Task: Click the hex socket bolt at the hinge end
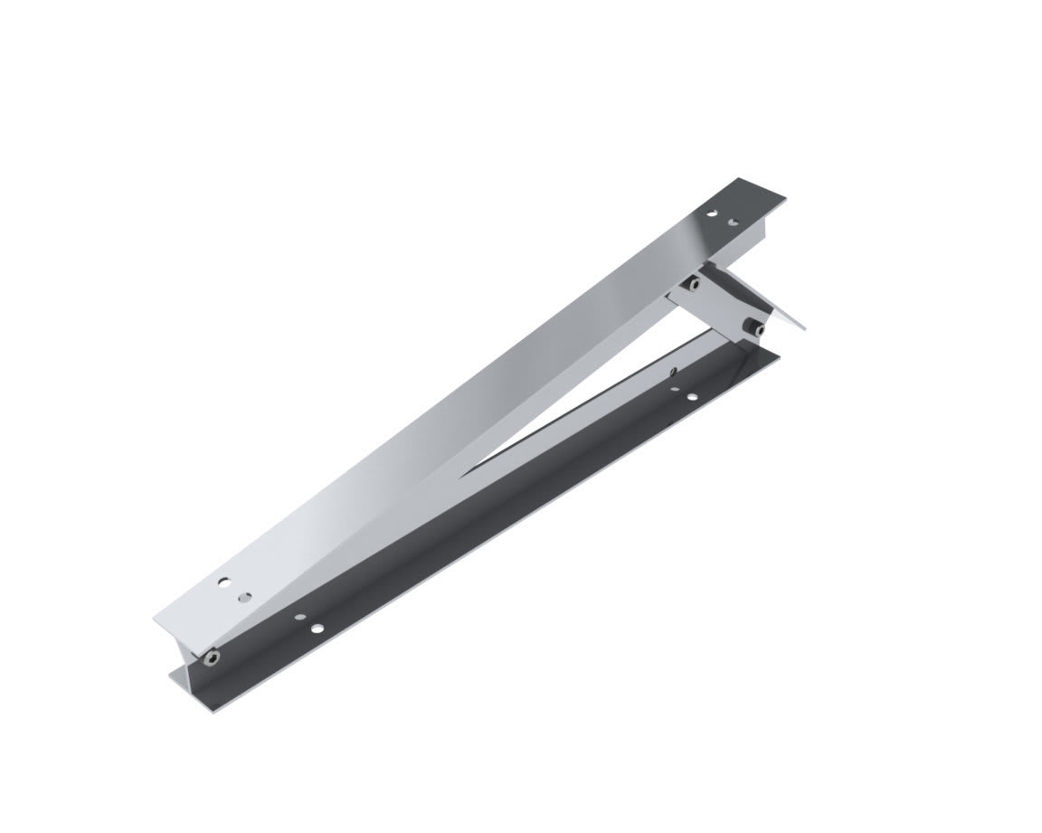[x=211, y=656]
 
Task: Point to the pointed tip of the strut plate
[x=806, y=328]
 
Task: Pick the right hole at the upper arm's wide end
[x=734, y=222]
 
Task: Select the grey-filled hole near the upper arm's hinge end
[x=244, y=597]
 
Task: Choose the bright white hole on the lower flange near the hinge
[x=317, y=628]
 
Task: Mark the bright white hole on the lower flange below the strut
[x=692, y=397]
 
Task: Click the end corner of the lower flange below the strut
[x=780, y=355]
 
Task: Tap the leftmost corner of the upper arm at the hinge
[x=154, y=619]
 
